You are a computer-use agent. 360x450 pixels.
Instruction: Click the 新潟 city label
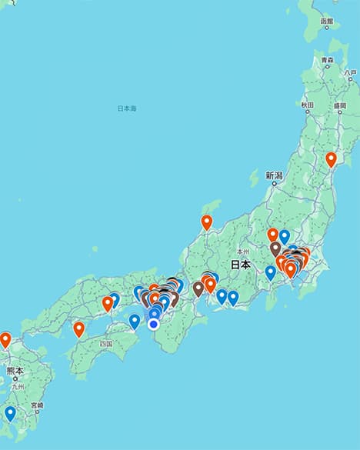(275, 175)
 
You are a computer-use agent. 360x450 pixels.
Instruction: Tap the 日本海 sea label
(126, 108)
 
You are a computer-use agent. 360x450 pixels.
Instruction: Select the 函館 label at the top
(327, 22)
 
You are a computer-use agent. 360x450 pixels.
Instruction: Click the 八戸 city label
(350, 72)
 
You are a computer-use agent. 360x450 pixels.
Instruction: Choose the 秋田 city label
(307, 104)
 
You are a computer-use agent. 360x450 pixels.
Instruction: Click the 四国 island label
(106, 345)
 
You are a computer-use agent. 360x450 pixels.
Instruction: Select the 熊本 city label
(15, 371)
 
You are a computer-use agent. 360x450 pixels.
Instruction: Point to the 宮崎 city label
(37, 405)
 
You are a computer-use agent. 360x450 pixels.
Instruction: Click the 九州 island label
(16, 387)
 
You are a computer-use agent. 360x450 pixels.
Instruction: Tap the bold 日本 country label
(240, 264)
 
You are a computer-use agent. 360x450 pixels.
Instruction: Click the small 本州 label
(243, 251)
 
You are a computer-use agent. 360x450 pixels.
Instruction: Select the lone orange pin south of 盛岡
(331, 159)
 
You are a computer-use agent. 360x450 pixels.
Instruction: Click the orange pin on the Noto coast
(206, 222)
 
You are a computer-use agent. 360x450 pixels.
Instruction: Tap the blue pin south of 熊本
(10, 413)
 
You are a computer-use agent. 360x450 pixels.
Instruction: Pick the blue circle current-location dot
(154, 325)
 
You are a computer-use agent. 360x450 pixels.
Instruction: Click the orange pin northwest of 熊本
(5, 339)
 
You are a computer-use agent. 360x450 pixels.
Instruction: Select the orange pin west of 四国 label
(78, 329)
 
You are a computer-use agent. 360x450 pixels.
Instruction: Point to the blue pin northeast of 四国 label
(135, 321)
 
